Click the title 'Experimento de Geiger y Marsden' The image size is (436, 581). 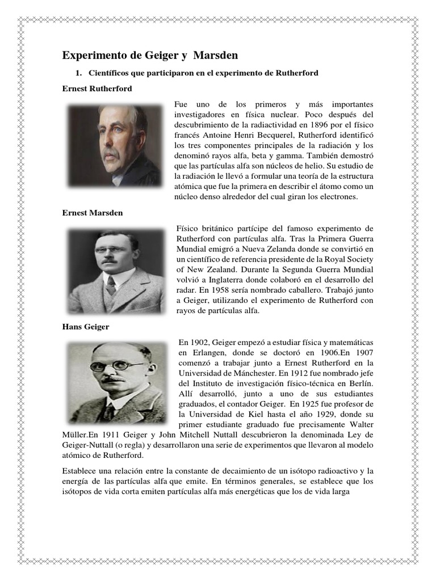[x=150, y=55]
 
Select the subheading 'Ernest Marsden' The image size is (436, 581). [x=92, y=213]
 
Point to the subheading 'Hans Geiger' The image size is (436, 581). [x=85, y=327]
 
